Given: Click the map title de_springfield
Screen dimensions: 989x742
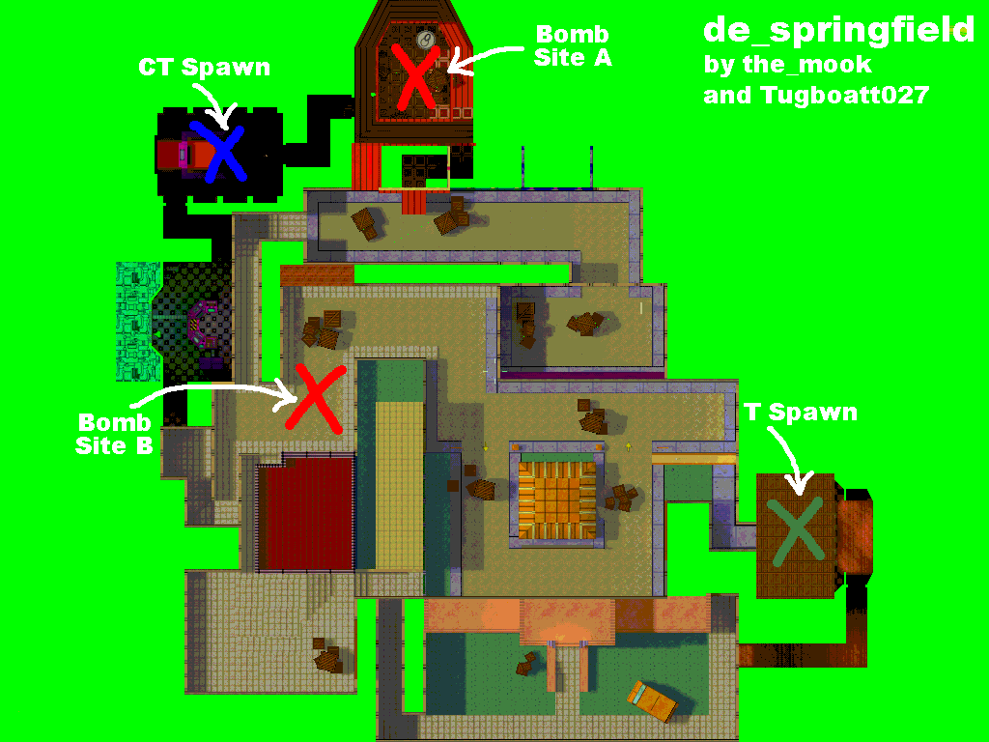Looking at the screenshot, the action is pyautogui.click(x=838, y=31).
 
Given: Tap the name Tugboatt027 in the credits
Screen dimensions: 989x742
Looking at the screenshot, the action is pyautogui.click(x=844, y=96).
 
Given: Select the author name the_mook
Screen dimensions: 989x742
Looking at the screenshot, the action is pyautogui.click(x=806, y=65).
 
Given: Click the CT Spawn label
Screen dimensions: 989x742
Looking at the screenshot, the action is pyautogui.click(x=205, y=68).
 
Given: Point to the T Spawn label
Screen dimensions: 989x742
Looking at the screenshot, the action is pyautogui.click(x=801, y=412).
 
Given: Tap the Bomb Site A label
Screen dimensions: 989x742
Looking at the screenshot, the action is pyautogui.click(x=573, y=45).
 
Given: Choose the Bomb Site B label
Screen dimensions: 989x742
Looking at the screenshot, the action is pyautogui.click(x=114, y=434).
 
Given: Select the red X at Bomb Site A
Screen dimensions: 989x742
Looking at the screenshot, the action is pyautogui.click(x=415, y=76).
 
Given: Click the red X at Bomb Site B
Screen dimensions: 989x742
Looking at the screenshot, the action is pyautogui.click(x=315, y=398).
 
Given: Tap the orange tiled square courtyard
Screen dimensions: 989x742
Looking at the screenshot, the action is pyautogui.click(x=556, y=499).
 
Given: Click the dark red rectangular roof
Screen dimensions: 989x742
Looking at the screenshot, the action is pyautogui.click(x=306, y=514).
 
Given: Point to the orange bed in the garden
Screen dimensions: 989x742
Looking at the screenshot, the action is pyautogui.click(x=652, y=701).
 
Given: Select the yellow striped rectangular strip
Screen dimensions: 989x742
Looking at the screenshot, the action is pyautogui.click(x=399, y=485).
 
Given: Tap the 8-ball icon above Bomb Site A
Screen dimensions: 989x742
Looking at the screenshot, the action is pyautogui.click(x=427, y=39).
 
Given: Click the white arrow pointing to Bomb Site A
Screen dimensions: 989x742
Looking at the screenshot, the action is pyautogui.click(x=485, y=59).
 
